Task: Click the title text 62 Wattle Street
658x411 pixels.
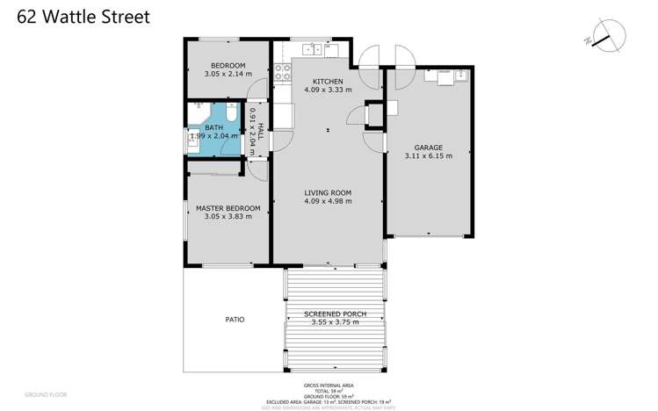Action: pyautogui.click(x=83, y=17)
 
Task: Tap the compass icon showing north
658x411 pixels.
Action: pyautogui.click(x=608, y=37)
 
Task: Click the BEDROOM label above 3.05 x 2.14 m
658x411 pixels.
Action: pyautogui.click(x=228, y=66)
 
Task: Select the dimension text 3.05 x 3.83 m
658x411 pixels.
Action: pyautogui.click(x=228, y=216)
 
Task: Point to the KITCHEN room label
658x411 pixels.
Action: pyautogui.click(x=327, y=82)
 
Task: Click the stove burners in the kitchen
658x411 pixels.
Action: pyautogui.click(x=283, y=71)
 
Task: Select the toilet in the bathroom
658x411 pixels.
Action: pyautogui.click(x=230, y=114)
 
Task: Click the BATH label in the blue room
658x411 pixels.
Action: pyautogui.click(x=214, y=127)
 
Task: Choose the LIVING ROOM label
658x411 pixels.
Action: pyautogui.click(x=328, y=192)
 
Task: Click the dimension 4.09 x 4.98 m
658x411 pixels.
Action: pyautogui.click(x=328, y=201)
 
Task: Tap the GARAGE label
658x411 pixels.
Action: pyautogui.click(x=428, y=148)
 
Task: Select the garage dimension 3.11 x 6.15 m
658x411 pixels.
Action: pyautogui.click(x=428, y=156)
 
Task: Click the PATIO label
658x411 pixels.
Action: pyautogui.click(x=234, y=319)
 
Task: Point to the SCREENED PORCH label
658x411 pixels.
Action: pyautogui.click(x=335, y=314)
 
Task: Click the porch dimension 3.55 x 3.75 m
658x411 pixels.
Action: pyautogui.click(x=335, y=322)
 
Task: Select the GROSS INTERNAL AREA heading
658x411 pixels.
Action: pyautogui.click(x=329, y=386)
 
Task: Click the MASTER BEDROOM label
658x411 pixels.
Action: pyautogui.click(x=228, y=207)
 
